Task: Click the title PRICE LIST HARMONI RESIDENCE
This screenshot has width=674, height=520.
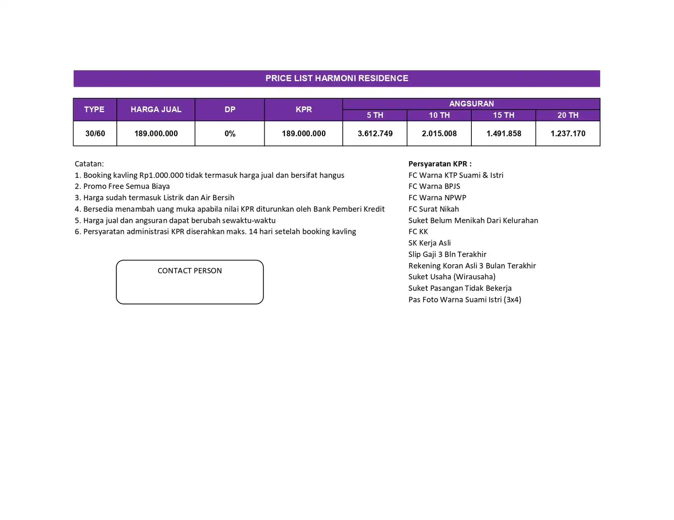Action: point(337,78)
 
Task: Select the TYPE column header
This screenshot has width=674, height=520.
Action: point(94,109)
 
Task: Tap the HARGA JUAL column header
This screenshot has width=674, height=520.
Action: point(156,109)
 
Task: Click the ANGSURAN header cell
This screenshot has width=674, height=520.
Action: point(471,103)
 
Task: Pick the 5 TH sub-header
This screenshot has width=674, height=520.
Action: point(375,115)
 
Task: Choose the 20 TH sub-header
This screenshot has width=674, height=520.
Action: point(568,115)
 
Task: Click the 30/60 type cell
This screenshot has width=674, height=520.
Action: point(95,133)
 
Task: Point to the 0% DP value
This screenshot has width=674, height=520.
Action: point(230,133)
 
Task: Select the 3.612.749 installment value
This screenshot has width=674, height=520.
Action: point(375,133)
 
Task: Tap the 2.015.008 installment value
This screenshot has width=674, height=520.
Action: point(439,133)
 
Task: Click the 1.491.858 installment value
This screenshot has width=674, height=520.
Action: point(504,133)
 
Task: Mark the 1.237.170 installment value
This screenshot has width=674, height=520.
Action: point(568,133)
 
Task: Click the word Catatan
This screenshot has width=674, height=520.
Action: point(89,164)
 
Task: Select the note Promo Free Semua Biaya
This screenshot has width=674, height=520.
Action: point(126,186)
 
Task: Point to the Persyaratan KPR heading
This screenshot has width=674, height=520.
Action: point(440,164)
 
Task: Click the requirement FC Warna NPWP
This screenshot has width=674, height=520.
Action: point(437,198)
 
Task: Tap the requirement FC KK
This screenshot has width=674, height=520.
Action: point(418,232)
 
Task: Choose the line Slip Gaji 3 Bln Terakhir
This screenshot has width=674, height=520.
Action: point(447,255)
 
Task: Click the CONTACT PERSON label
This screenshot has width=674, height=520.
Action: point(190,271)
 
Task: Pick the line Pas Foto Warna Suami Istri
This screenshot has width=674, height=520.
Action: point(465,300)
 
